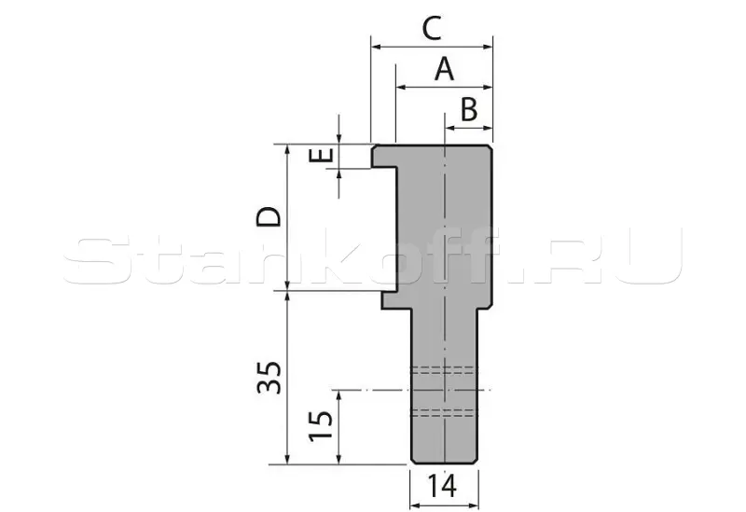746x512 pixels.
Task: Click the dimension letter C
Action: point(432,29)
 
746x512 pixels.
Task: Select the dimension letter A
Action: point(445,69)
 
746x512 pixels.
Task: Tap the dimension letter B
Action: point(469,109)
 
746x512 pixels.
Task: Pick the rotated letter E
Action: point(321,155)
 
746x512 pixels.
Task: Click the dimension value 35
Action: point(269,378)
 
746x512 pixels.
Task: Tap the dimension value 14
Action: point(442,486)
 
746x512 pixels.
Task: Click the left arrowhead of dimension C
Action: point(377,47)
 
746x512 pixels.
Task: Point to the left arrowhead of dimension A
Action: point(401,87)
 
